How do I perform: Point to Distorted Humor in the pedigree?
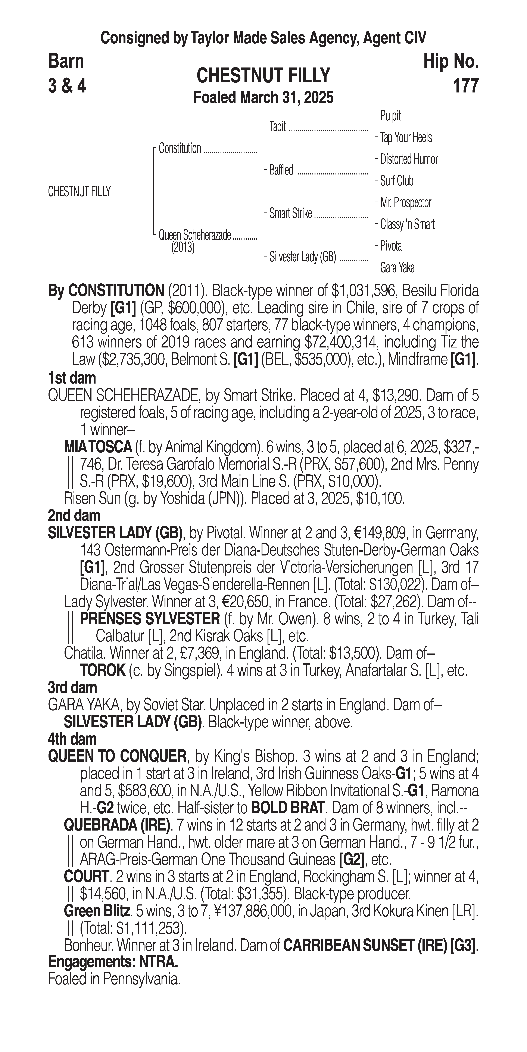[x=409, y=159]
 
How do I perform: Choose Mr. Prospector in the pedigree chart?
[x=406, y=203]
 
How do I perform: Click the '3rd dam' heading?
[x=72, y=688]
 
